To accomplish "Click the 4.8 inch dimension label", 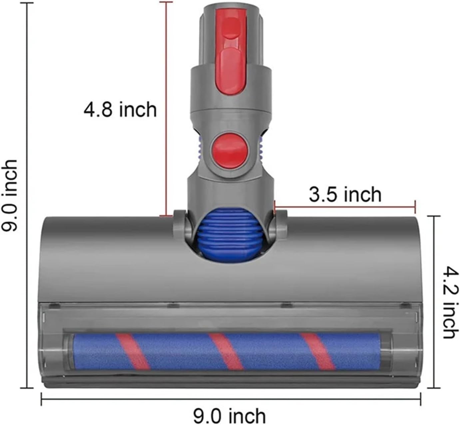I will pyautogui.click(x=120, y=110).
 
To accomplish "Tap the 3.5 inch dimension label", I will pyautogui.click(x=345, y=195).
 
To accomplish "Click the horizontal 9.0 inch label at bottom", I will pyautogui.click(x=230, y=416).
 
